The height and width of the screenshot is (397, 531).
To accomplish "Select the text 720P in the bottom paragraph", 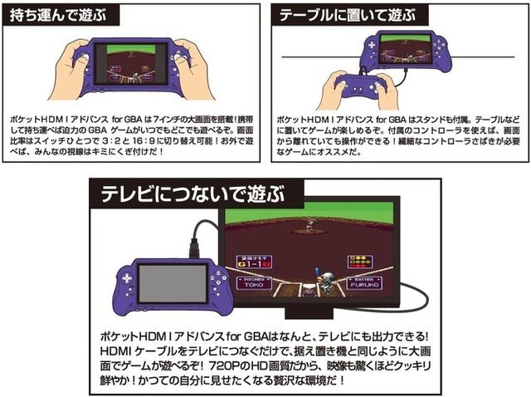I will pos(226,365).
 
